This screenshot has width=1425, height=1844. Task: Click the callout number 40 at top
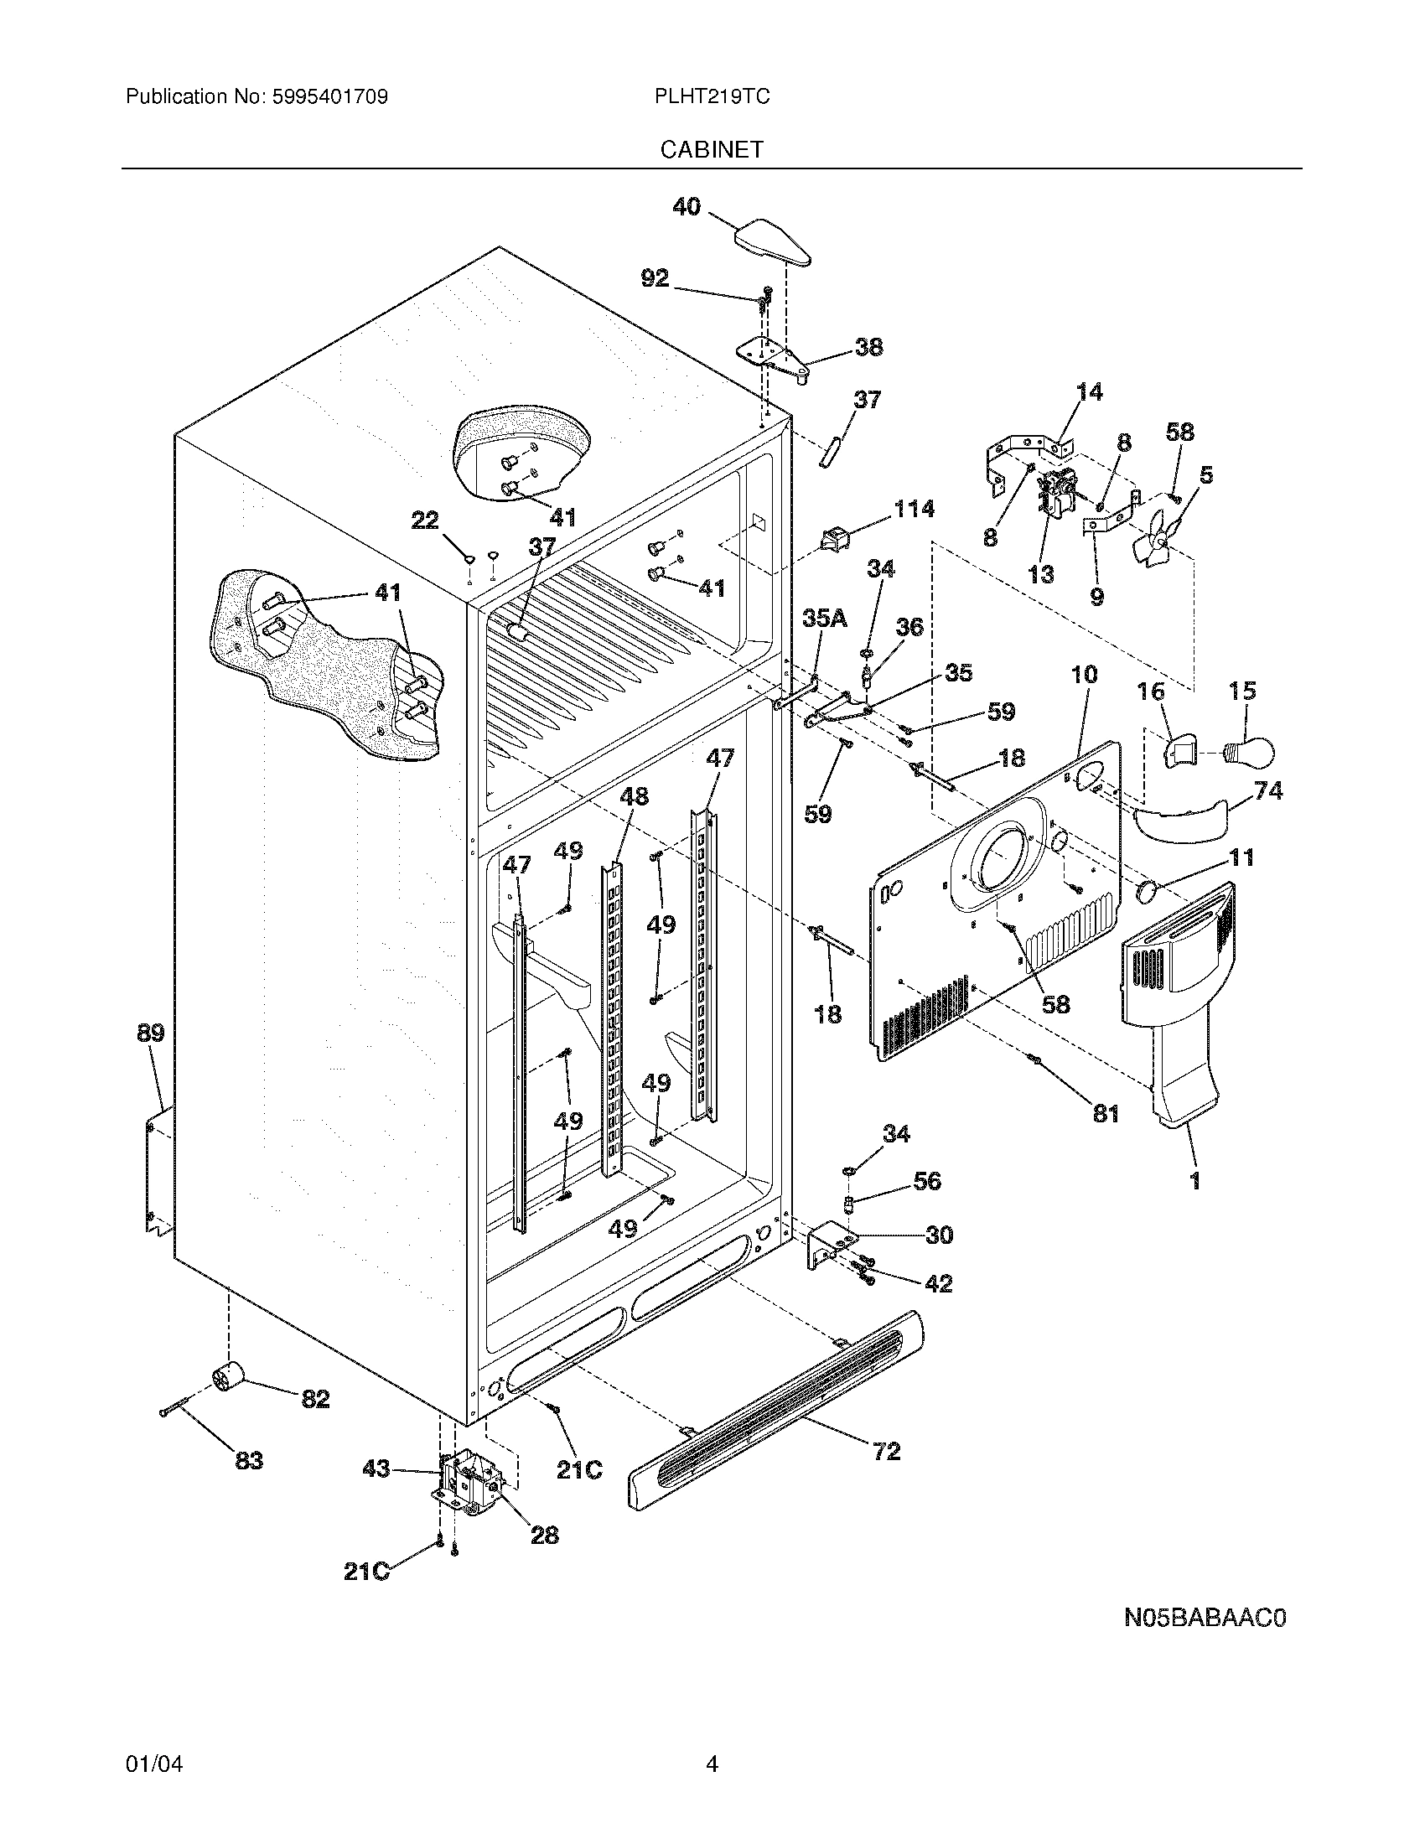click(x=687, y=207)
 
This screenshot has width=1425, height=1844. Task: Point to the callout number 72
click(x=886, y=1452)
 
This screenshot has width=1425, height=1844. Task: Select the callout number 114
click(x=914, y=508)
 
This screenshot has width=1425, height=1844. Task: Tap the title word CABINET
click(x=712, y=149)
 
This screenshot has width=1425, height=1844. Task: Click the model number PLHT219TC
click(x=712, y=96)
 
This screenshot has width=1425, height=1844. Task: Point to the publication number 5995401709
click(x=330, y=96)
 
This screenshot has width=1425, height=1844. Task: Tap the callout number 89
click(x=151, y=1033)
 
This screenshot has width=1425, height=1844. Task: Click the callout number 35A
click(x=825, y=619)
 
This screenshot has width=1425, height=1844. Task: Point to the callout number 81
click(x=1106, y=1114)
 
